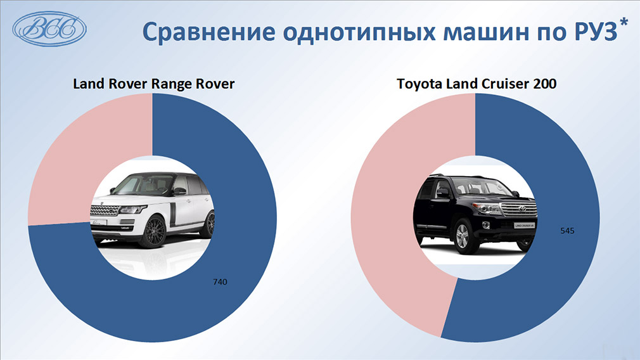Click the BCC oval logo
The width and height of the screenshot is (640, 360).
coord(49,29)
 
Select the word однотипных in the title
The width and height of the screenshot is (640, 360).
coord(359,32)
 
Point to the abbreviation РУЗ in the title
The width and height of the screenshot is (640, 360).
coord(596,32)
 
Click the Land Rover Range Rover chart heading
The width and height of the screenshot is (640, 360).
coord(153,84)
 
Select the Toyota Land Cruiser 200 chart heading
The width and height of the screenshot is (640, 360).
coord(477,84)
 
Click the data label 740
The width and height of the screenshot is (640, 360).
coord(220,281)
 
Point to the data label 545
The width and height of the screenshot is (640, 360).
coord(567,231)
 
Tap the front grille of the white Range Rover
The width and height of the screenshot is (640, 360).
coord(105,210)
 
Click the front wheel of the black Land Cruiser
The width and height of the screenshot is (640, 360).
coord(463,237)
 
